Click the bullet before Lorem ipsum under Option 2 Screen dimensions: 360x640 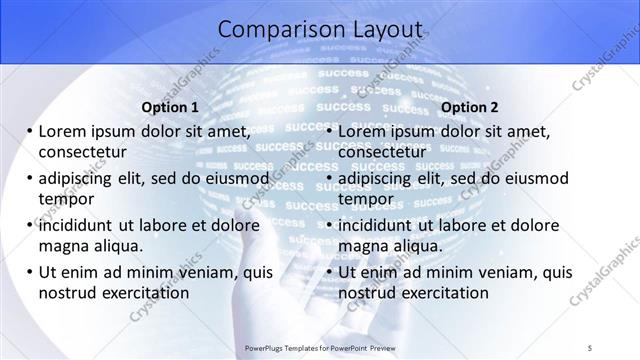[330, 131]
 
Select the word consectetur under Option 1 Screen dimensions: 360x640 [82, 151]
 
